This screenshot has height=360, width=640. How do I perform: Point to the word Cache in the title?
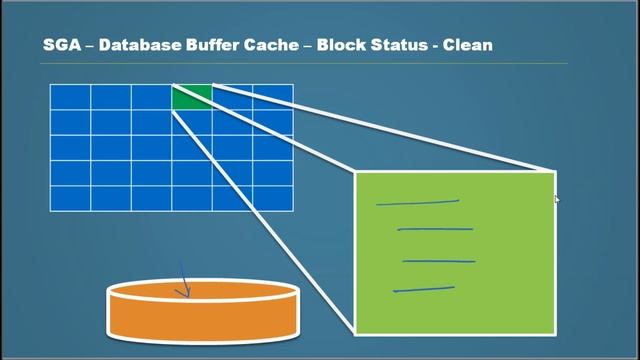[285, 45]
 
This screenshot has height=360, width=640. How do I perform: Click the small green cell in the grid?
[192, 97]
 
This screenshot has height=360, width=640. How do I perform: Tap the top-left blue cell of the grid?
[70, 97]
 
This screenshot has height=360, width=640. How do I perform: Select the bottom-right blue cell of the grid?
[273, 198]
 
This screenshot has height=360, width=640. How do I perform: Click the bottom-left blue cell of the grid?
[70, 198]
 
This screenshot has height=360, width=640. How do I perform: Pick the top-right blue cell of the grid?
[273, 97]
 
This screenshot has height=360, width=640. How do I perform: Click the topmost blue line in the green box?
[417, 203]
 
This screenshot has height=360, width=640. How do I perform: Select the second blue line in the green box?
[435, 229]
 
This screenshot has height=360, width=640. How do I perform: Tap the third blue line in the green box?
[438, 262]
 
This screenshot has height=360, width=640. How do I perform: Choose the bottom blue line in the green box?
[424, 289]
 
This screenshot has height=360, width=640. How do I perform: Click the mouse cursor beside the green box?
[557, 200]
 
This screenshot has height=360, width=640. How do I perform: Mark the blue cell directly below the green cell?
[192, 122]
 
